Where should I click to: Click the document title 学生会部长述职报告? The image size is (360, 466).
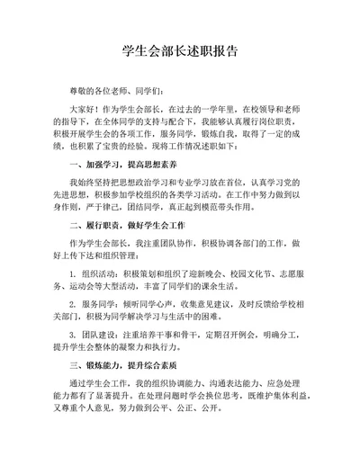pyautogui.click(x=179, y=51)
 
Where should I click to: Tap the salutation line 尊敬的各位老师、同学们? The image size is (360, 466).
pyautogui.click(x=116, y=91)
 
